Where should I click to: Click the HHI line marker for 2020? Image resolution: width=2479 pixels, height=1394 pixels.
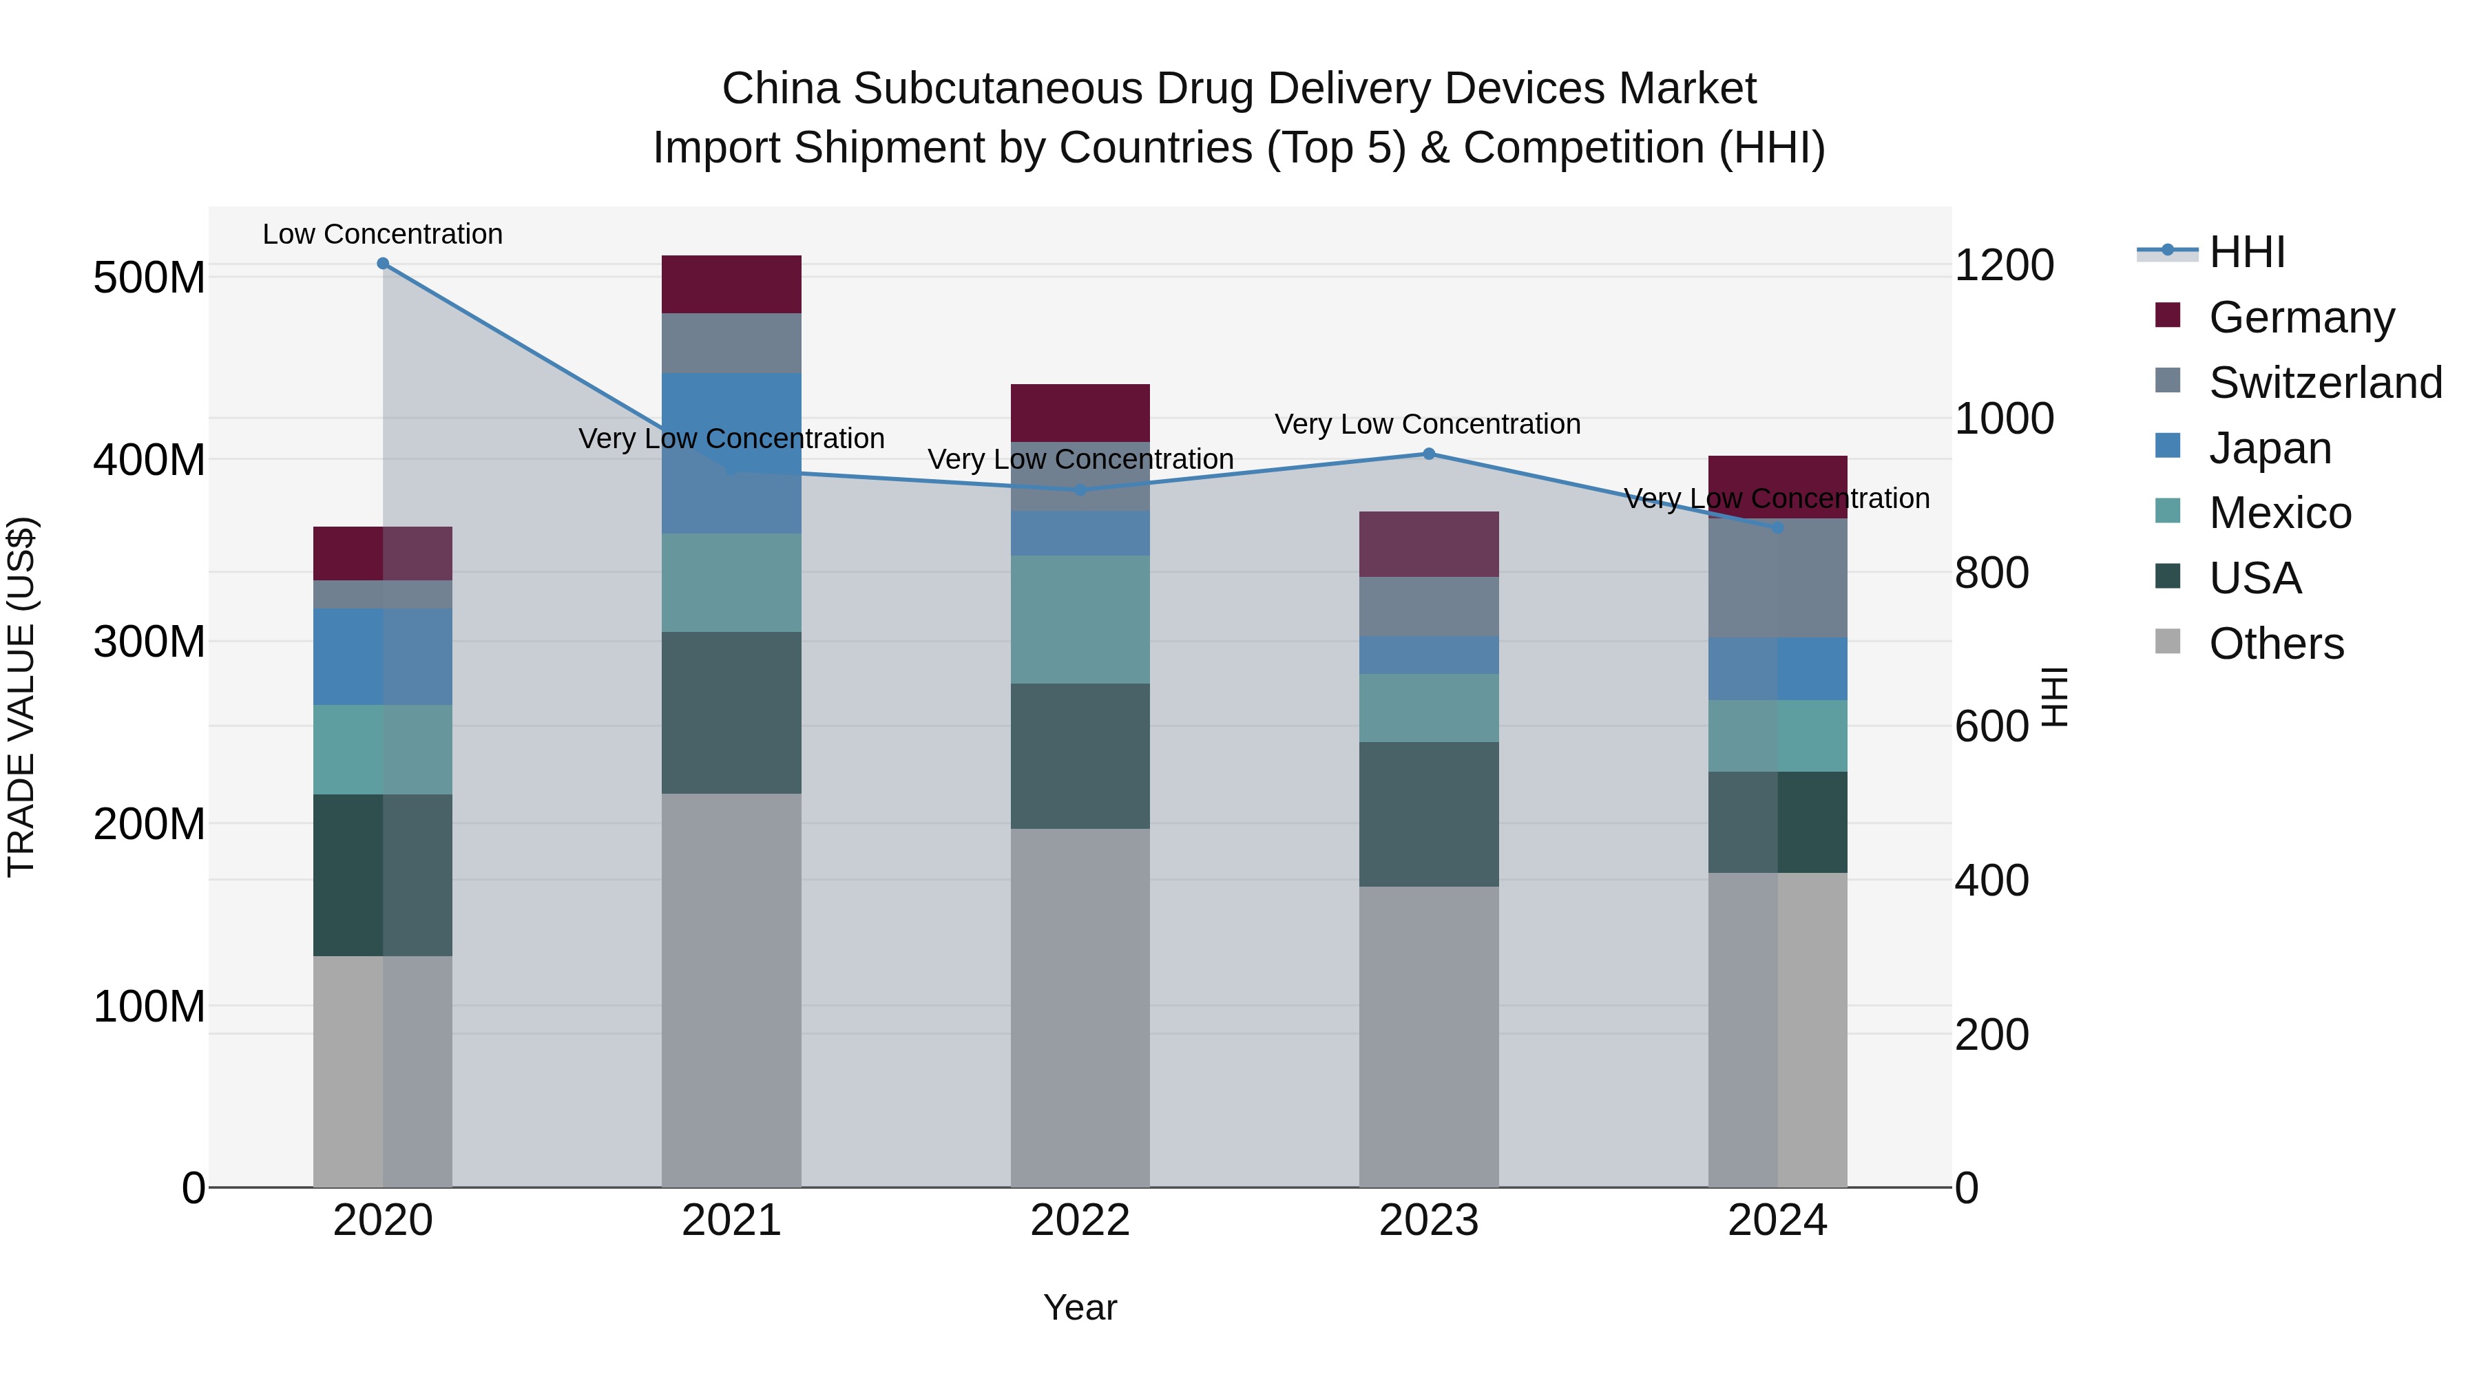pyautogui.click(x=383, y=264)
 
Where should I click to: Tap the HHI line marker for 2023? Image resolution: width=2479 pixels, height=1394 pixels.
pyautogui.click(x=1429, y=454)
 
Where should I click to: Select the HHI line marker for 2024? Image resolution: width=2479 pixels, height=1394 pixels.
pyautogui.click(x=1777, y=527)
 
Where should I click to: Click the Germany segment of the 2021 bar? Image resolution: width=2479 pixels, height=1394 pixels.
pyautogui.click(x=731, y=285)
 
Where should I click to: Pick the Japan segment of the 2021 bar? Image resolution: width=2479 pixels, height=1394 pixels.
pyautogui.click(x=731, y=452)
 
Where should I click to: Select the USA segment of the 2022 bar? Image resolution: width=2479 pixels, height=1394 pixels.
pyautogui.click(x=1080, y=756)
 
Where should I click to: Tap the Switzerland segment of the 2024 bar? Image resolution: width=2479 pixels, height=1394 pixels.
pyautogui.click(x=1777, y=578)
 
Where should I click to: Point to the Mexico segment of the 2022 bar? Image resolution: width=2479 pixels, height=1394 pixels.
pyautogui.click(x=1080, y=620)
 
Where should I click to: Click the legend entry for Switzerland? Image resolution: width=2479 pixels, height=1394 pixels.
pyautogui.click(x=2325, y=383)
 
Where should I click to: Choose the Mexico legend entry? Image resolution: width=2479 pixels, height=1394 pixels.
pyautogui.click(x=2280, y=513)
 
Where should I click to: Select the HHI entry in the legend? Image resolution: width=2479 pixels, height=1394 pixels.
pyautogui.click(x=2246, y=252)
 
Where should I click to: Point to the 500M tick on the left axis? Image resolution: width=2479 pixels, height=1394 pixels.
pyautogui.click(x=149, y=278)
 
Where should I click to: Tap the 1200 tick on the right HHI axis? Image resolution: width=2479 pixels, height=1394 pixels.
pyautogui.click(x=2005, y=266)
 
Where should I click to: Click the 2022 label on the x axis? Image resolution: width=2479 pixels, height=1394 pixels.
pyautogui.click(x=1080, y=1221)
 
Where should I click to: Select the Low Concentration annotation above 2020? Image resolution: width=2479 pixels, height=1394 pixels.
pyautogui.click(x=383, y=235)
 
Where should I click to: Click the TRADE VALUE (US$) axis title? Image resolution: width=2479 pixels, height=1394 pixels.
pyautogui.click(x=21, y=697)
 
